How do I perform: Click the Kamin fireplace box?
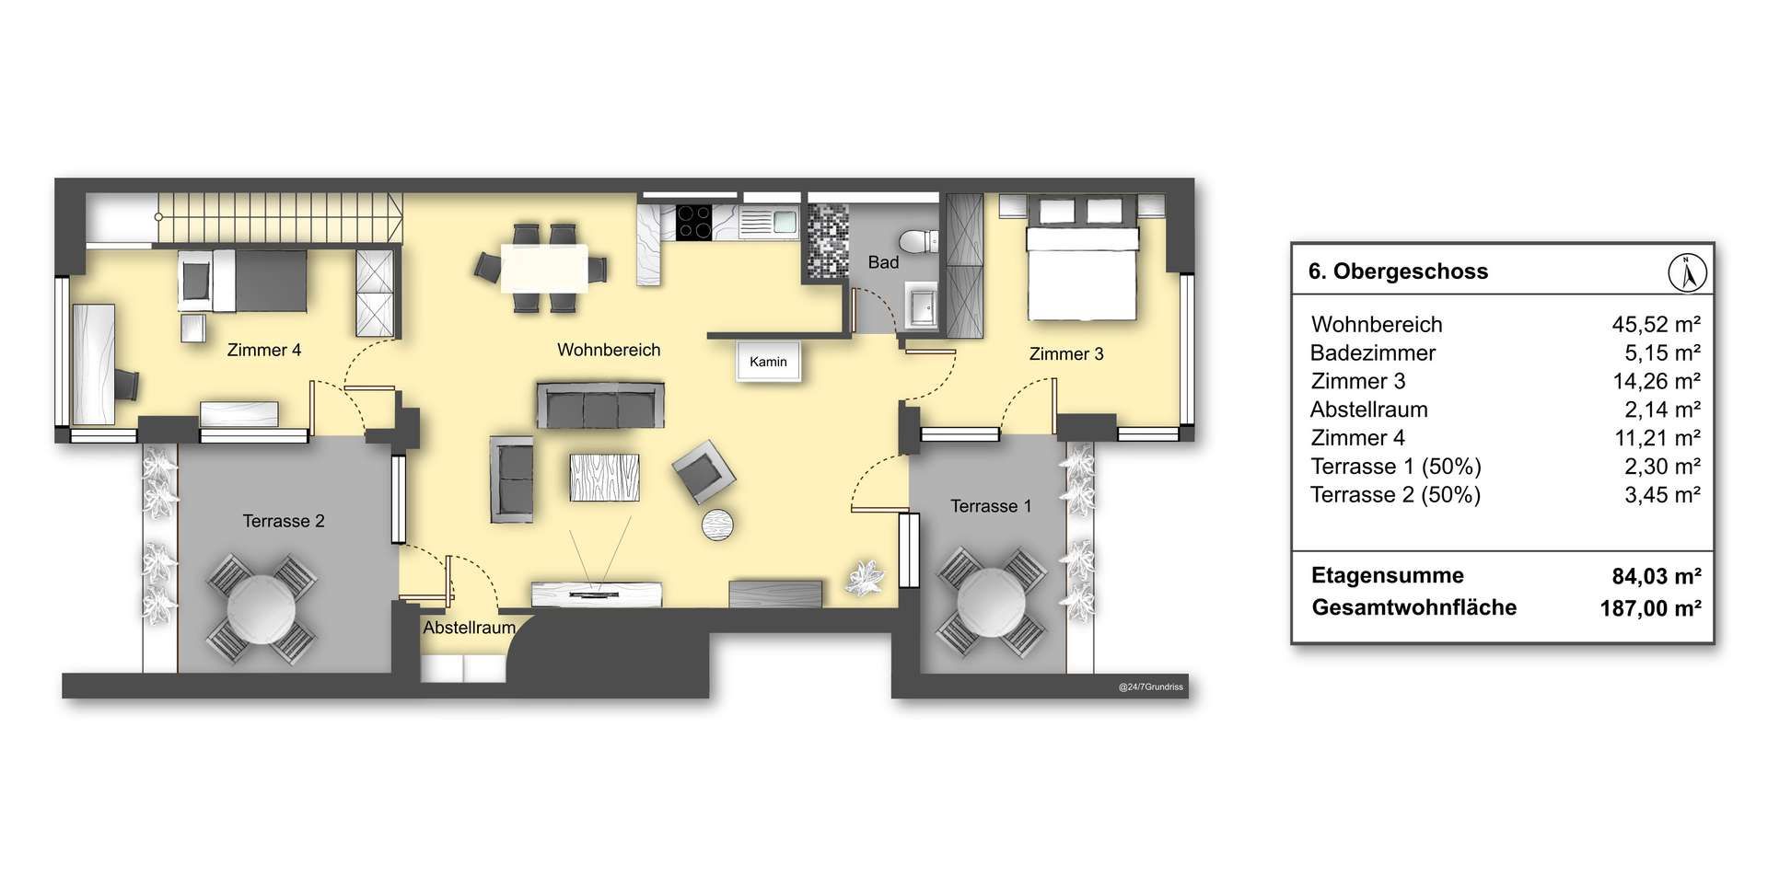(768, 362)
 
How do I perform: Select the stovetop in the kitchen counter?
(693, 221)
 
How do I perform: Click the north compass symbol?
(1688, 272)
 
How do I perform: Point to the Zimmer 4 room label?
(264, 350)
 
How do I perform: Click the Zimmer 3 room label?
(1066, 354)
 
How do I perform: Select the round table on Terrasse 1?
(992, 602)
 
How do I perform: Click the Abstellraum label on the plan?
(469, 628)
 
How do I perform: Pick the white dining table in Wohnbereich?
(544, 267)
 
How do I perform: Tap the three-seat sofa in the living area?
(600, 405)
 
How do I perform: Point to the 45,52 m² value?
(1656, 324)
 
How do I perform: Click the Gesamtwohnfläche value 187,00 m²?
(1650, 608)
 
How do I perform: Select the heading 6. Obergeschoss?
(1398, 271)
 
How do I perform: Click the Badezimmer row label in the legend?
(1373, 352)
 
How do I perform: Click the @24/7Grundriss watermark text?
(1151, 687)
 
